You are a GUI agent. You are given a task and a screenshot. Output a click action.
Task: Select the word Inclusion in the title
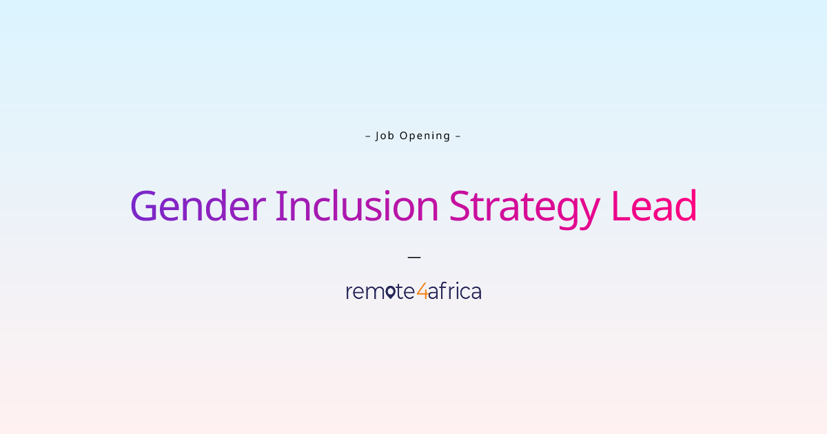click(x=357, y=206)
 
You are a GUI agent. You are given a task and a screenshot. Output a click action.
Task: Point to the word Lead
click(x=654, y=206)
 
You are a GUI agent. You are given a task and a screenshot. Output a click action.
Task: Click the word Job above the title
click(x=385, y=136)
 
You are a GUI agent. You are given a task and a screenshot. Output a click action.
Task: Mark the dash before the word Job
click(x=368, y=136)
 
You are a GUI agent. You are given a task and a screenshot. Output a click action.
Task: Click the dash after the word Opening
click(x=458, y=136)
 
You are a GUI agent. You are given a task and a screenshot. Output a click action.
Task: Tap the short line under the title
click(x=413, y=257)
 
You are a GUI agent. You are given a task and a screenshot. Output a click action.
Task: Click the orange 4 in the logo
click(x=422, y=291)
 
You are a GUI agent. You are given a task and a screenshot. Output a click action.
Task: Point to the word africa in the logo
click(x=454, y=291)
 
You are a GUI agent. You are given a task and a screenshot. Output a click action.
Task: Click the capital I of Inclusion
click(x=280, y=206)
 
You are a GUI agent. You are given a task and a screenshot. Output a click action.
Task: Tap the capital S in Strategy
click(x=460, y=206)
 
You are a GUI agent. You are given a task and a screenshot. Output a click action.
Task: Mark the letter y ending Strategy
click(x=587, y=211)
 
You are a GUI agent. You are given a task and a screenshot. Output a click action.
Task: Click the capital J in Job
click(x=378, y=136)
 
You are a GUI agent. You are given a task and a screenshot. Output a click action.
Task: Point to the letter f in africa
click(x=440, y=291)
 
